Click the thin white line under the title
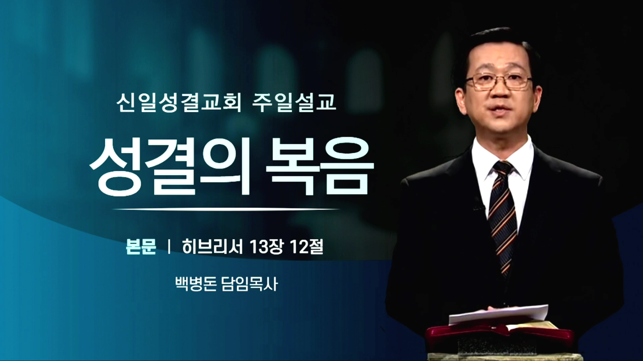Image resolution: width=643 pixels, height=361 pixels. pyautogui.click(x=226, y=209)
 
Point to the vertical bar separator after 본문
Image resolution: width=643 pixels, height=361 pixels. pyautogui.click(x=169, y=247)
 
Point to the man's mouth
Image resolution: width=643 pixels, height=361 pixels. pyautogui.click(x=498, y=108)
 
